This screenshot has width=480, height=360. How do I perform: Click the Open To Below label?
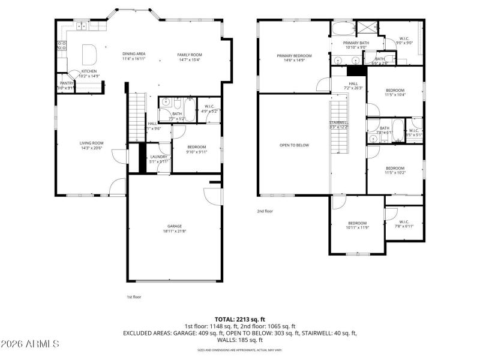pyautogui.click(x=294, y=145)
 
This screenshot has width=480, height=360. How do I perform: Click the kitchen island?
pyautogui.click(x=89, y=54)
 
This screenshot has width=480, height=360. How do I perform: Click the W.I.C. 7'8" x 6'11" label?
pyautogui.click(x=404, y=223)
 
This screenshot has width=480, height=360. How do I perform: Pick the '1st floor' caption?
pyautogui.click(x=133, y=296)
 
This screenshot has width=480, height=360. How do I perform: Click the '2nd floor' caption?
pyautogui.click(x=265, y=211)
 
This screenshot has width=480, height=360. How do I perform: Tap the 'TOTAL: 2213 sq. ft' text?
pyautogui.click(x=239, y=319)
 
